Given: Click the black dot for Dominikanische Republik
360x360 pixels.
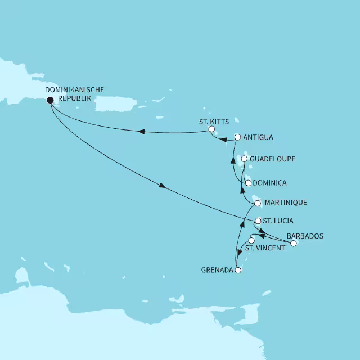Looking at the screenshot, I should (x=51, y=100).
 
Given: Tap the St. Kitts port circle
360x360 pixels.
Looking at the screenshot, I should (x=211, y=129).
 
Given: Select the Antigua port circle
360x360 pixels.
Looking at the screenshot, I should (x=237, y=137).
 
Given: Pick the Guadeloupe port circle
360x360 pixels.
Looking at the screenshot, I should (x=244, y=159).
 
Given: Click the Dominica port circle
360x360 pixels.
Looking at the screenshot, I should (x=248, y=183).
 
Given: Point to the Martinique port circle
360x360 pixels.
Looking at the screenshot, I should (x=258, y=202).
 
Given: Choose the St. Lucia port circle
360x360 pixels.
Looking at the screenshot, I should (x=258, y=221).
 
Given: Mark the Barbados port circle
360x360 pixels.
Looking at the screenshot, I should (x=293, y=244).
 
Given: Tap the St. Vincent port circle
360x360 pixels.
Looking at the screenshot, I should (x=251, y=241).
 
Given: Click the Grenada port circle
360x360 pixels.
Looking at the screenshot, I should (x=238, y=271).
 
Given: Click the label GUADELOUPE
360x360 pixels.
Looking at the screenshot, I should (x=272, y=159).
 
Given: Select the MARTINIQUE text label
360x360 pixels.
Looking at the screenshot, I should (x=286, y=202).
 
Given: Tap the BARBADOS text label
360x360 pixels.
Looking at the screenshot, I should (x=305, y=236).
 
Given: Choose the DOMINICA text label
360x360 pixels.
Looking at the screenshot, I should (x=270, y=183).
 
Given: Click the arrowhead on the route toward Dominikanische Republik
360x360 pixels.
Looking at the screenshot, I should (x=141, y=132).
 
